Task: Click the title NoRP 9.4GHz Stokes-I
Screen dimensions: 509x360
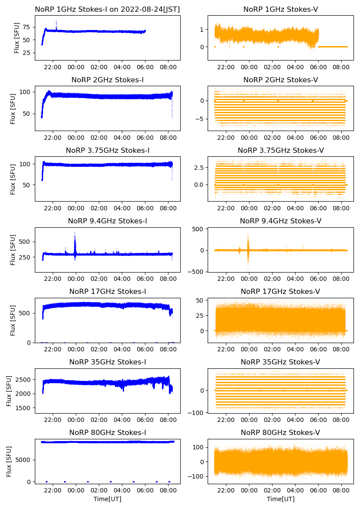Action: (x=108, y=221)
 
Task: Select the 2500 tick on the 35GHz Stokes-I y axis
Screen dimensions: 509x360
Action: (x=23, y=380)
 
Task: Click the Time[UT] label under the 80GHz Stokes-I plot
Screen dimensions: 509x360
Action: (x=108, y=499)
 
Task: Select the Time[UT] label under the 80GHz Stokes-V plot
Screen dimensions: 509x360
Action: (x=280, y=499)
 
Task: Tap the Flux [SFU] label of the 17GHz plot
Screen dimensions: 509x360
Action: (x=13, y=320)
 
